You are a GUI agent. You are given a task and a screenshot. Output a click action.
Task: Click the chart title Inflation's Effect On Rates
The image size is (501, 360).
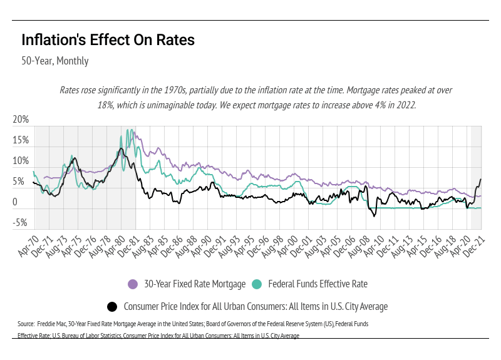108,40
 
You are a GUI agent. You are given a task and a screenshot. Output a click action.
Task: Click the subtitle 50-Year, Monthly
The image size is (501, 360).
55,61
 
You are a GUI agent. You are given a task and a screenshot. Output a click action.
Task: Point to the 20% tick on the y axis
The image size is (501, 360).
21,120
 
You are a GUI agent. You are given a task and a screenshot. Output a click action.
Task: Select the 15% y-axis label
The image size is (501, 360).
21,141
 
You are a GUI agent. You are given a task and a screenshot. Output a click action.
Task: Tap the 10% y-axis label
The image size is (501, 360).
21,162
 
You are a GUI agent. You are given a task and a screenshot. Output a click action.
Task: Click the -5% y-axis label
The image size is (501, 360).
21,222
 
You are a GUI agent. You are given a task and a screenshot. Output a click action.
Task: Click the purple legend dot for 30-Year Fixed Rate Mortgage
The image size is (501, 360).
133,284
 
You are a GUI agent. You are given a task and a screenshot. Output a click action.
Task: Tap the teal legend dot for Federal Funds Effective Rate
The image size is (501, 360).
257,284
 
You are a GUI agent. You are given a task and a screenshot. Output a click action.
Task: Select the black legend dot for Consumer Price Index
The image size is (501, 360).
113,307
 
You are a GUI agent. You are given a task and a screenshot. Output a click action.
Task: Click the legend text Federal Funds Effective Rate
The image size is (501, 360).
318,284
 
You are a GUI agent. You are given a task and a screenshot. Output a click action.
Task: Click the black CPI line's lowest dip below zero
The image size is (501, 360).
374,216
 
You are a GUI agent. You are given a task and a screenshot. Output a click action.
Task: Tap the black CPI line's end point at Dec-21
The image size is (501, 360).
481,180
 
